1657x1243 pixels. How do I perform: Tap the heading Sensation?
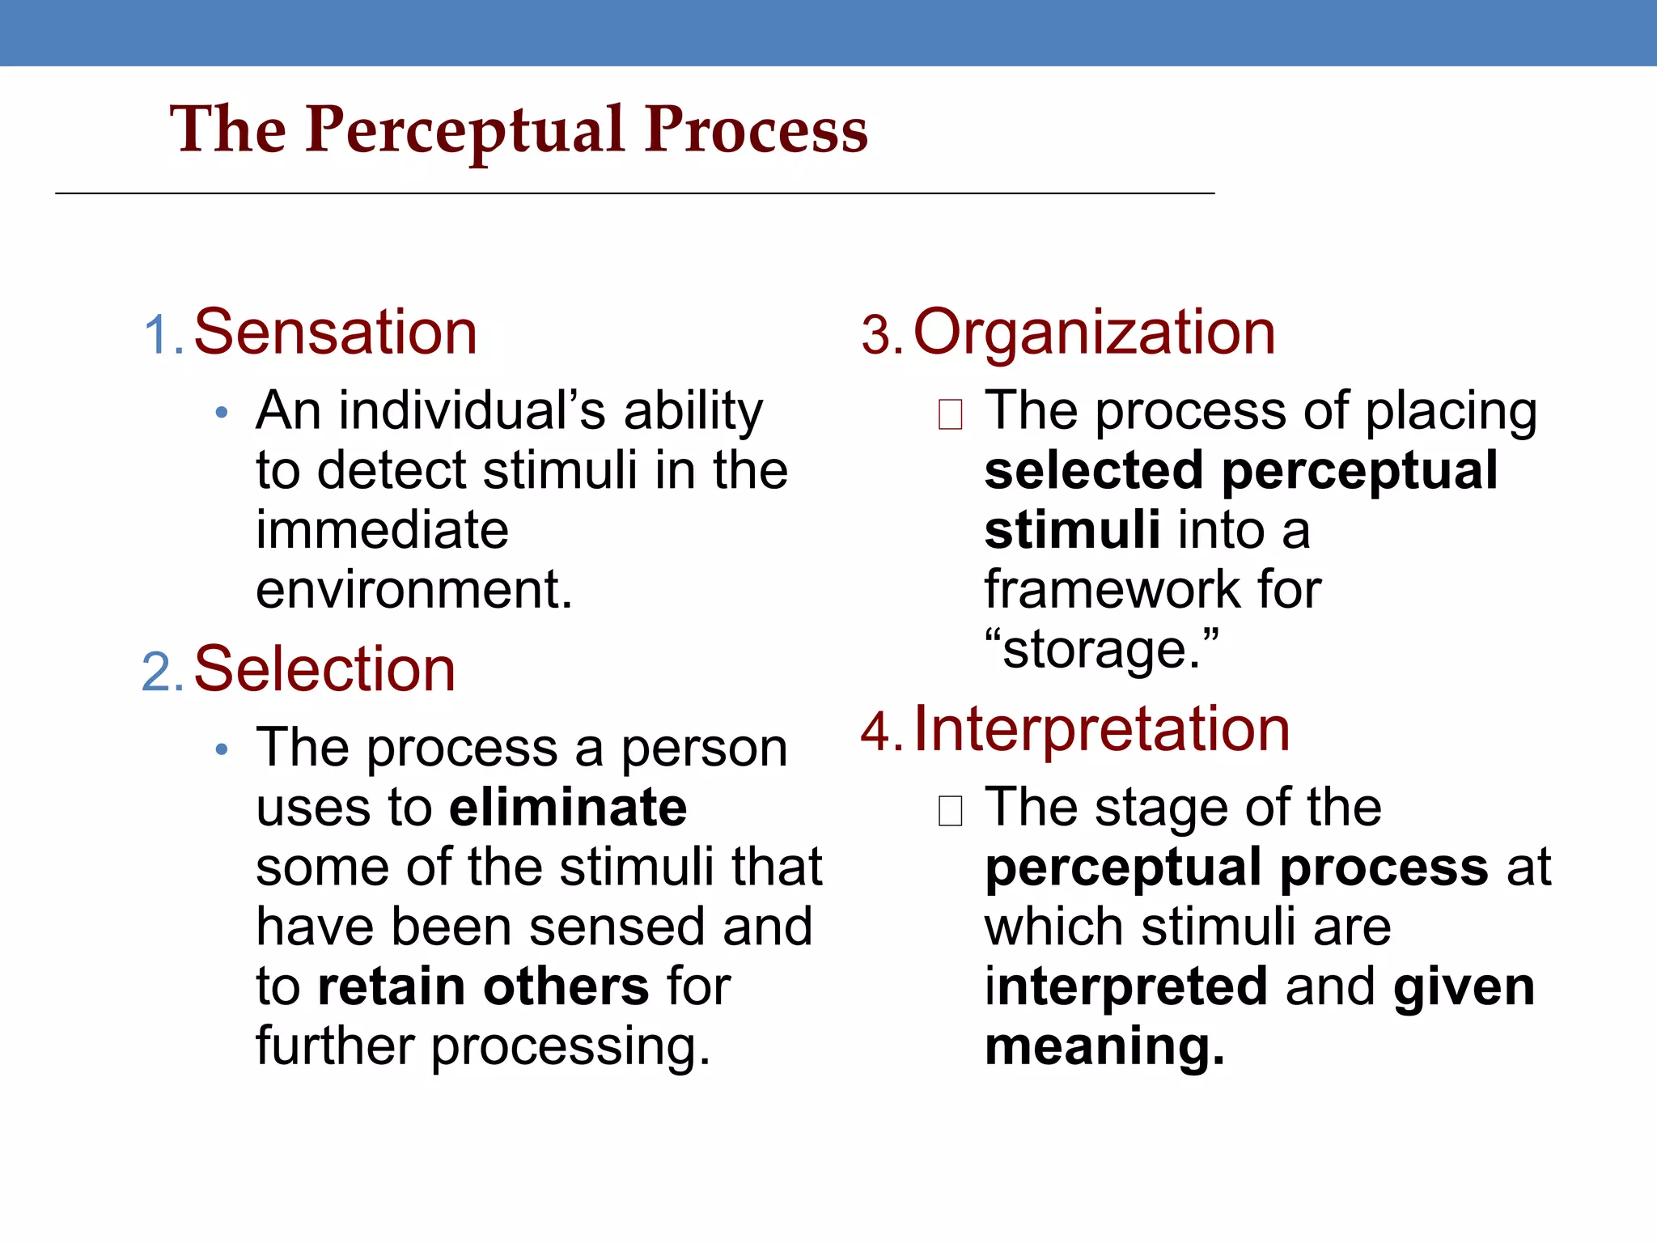pos(335,333)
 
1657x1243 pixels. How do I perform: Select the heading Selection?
pos(324,670)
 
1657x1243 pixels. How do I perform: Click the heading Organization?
pos(1094,333)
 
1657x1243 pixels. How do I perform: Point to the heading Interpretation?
pos(1101,730)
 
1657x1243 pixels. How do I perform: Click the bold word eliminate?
pos(568,808)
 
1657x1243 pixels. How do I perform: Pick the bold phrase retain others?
pos(483,986)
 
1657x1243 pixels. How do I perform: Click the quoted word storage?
pos(1101,650)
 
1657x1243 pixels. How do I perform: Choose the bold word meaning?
pos(1104,1046)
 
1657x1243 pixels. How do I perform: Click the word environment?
pos(413,589)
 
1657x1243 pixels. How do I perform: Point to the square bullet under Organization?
pos(950,414)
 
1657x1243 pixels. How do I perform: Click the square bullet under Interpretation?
pos(950,811)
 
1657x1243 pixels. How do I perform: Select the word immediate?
pos(382,530)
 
